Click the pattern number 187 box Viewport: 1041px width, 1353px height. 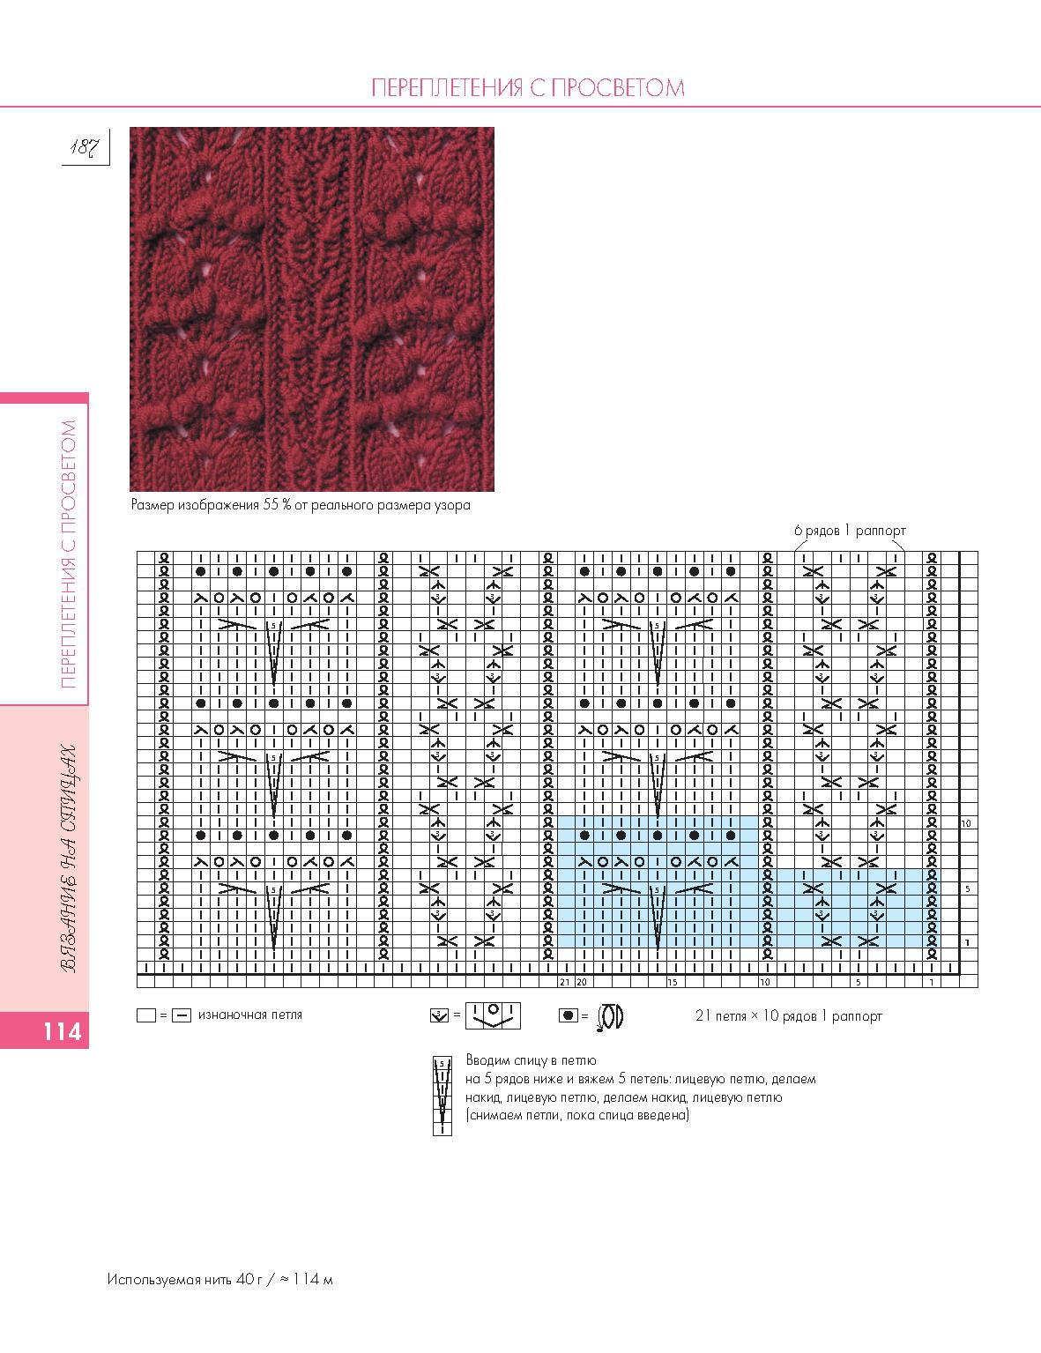pos(86,146)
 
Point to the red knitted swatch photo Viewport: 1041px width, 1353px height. pos(311,309)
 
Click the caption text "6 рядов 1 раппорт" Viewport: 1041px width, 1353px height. pos(849,531)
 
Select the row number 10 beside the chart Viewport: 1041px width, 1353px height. pos(966,823)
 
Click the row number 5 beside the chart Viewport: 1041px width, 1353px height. pos(967,889)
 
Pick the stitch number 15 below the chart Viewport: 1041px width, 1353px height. pos(672,981)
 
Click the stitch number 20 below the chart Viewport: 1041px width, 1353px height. pos(582,981)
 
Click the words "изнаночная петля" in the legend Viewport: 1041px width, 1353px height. pos(250,1015)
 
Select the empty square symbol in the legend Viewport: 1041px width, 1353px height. pos(146,1015)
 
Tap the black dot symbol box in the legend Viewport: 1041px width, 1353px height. pos(569,1016)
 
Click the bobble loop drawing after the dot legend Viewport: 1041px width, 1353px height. pos(610,1016)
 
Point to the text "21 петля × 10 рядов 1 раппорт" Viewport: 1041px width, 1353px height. pos(788,1015)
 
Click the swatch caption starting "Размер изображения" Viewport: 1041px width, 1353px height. pos(301,505)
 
